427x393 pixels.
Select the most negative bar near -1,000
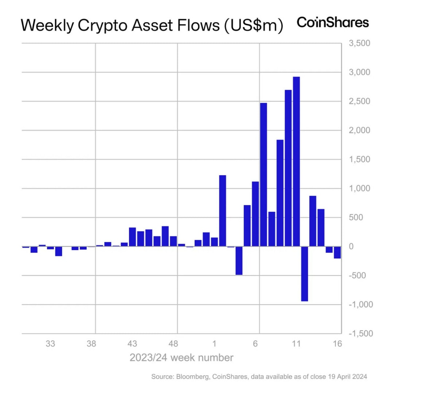(305, 274)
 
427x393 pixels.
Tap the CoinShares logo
(333, 23)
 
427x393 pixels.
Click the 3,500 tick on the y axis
(359, 43)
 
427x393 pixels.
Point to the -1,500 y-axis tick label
(361, 333)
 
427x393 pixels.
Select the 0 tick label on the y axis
(351, 246)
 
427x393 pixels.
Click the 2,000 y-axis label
(359, 130)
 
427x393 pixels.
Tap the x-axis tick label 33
(50, 344)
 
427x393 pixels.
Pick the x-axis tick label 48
(173, 344)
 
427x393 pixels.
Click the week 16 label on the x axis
(337, 344)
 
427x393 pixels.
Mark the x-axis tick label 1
(215, 344)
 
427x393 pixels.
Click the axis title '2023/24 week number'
(181, 358)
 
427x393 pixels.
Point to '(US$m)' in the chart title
(254, 25)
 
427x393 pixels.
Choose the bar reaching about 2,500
(263, 175)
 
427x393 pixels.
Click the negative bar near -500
(239, 261)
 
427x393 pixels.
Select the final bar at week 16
(337, 252)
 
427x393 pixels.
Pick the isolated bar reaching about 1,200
(223, 211)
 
